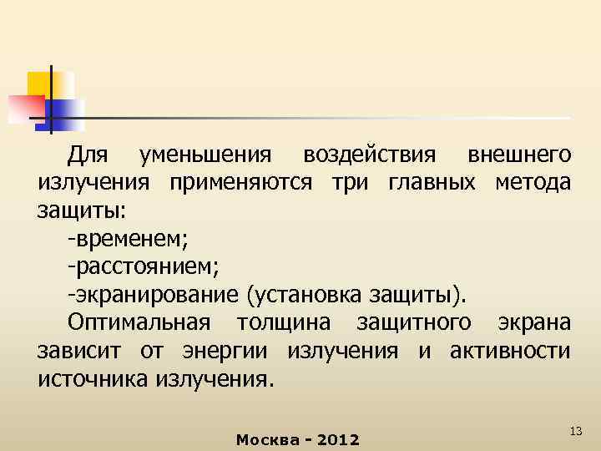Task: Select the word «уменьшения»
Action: (205, 155)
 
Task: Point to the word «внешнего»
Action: (520, 155)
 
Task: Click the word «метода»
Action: (534, 183)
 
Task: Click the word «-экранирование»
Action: (154, 295)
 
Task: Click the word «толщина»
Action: (284, 323)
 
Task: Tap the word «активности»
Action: (510, 351)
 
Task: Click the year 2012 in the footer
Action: (339, 439)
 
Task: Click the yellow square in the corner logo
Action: (39, 83)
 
